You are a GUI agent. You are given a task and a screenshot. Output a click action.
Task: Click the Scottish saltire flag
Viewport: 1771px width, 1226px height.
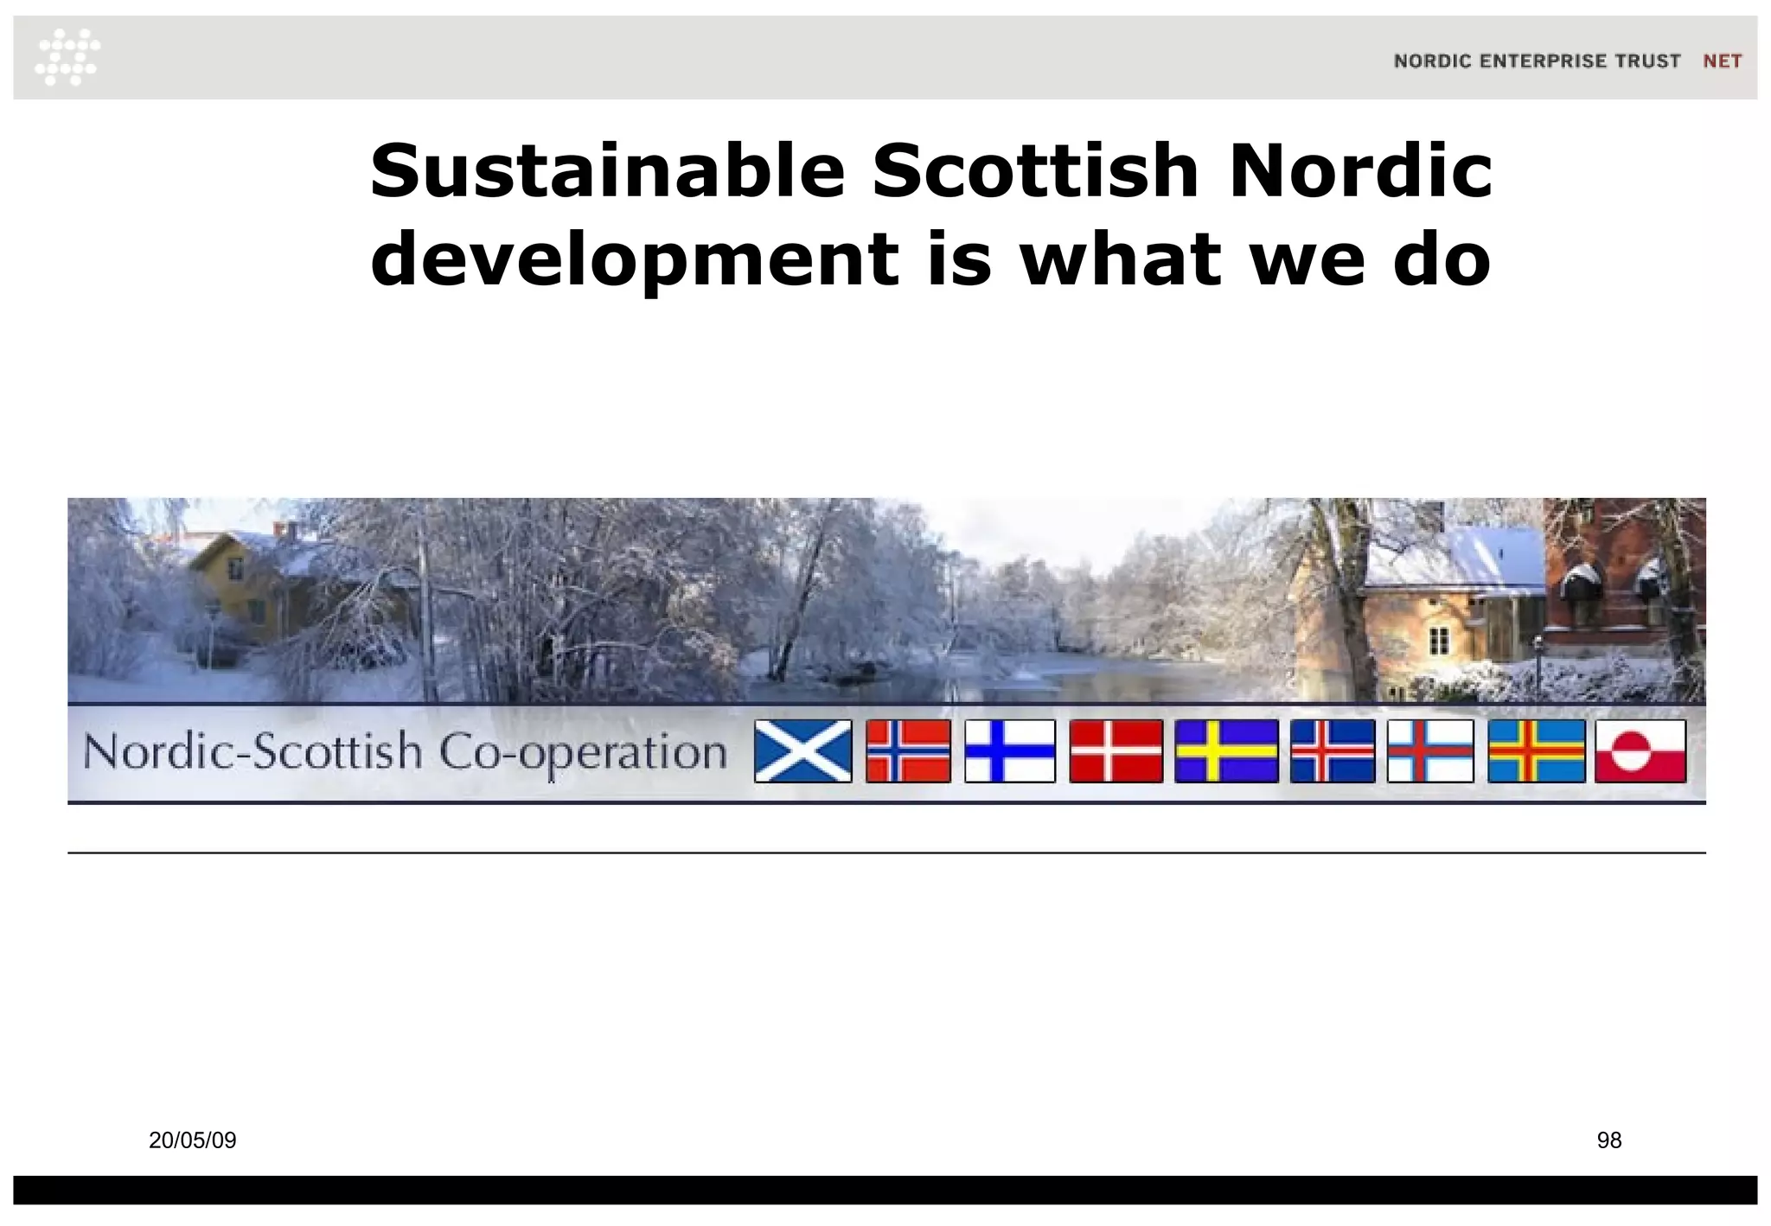click(x=802, y=751)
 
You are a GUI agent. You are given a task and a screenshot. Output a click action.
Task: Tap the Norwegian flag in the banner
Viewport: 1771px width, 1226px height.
click(x=908, y=751)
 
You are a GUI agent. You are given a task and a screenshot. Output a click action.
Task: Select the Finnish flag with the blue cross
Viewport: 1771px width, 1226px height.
click(x=1010, y=751)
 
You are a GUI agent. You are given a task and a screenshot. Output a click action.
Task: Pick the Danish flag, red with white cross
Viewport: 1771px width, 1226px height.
click(x=1116, y=751)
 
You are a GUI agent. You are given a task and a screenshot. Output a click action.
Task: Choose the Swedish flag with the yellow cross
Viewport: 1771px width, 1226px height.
click(x=1226, y=751)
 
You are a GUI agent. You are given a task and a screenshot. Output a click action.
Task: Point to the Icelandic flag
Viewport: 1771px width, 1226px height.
click(x=1332, y=751)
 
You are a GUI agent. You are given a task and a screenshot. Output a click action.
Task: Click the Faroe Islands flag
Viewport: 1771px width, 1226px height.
click(x=1430, y=751)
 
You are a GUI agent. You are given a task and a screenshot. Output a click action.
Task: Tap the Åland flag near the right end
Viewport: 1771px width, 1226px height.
click(x=1536, y=751)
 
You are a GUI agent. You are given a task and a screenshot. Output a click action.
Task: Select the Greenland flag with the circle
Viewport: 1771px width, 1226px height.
click(x=1640, y=751)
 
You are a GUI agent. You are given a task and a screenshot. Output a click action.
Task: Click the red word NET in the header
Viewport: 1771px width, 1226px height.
click(x=1722, y=61)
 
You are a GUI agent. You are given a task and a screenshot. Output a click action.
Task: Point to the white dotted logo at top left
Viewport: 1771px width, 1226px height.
click(x=67, y=57)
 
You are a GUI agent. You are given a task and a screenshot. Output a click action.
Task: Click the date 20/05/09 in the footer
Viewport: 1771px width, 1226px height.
click(x=192, y=1140)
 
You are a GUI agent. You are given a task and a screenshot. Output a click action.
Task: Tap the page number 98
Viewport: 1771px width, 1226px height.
click(x=1608, y=1140)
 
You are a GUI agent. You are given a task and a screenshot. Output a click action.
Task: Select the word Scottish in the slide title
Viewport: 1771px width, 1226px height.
click(x=1035, y=170)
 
